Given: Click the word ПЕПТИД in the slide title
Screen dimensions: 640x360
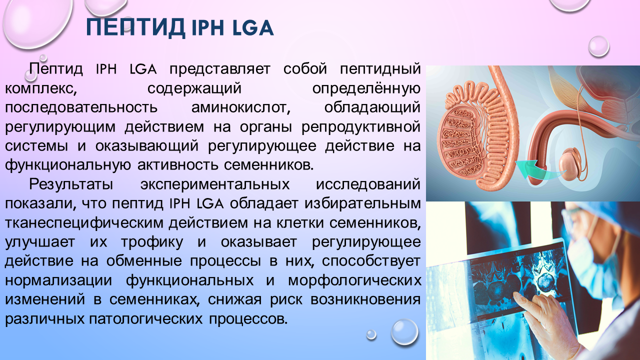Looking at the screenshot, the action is (x=135, y=27).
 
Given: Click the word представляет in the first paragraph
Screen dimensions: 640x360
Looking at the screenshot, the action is (x=219, y=69).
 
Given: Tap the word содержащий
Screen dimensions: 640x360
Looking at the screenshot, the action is (x=194, y=88).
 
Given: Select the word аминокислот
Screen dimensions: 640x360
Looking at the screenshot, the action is (x=240, y=107).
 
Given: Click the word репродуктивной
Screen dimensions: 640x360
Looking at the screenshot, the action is (x=361, y=127).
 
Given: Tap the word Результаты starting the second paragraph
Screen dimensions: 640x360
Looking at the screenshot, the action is (x=71, y=184).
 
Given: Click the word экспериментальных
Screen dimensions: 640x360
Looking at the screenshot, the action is (x=215, y=184).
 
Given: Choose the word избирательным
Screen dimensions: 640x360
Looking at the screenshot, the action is (x=362, y=203).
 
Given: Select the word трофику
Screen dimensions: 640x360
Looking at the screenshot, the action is (x=152, y=242).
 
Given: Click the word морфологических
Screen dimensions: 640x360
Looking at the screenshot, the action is (x=354, y=280).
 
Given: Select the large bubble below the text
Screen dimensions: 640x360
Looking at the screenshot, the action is (x=404, y=332).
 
